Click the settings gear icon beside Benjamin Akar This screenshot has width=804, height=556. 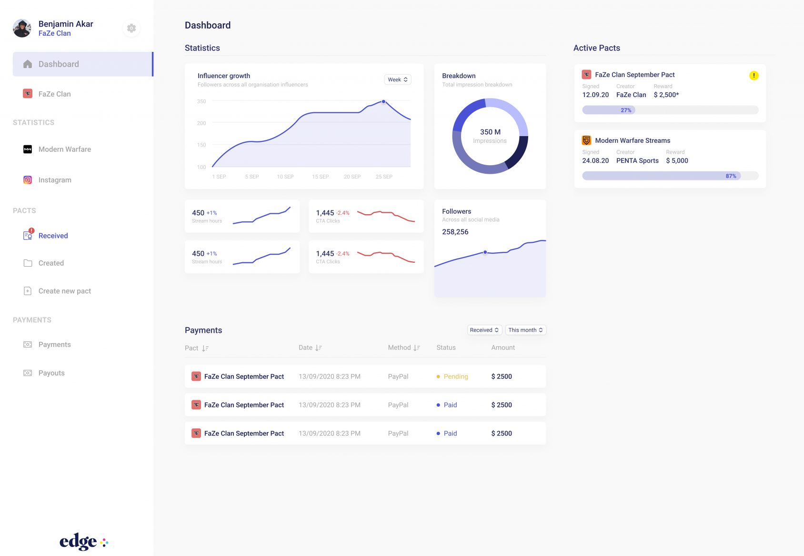131,28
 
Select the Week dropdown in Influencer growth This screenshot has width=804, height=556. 397,79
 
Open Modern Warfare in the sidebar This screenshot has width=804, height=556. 64,149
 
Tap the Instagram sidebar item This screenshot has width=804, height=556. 55,180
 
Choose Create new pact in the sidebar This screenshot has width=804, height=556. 64,291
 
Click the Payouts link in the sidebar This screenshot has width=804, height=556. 51,373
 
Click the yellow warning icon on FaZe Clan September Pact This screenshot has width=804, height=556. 754,75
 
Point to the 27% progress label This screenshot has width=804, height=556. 626,110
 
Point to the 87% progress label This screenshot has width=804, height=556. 731,176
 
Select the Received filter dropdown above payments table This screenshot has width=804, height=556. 484,330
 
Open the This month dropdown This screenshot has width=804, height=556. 525,330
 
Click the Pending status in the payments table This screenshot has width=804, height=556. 455,377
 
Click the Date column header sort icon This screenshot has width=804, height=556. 319,348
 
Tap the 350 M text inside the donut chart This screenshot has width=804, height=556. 490,132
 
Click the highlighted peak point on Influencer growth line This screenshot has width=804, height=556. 383,101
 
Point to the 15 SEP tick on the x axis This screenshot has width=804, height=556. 320,177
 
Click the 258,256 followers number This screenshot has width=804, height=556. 455,232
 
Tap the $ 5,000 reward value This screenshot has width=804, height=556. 676,160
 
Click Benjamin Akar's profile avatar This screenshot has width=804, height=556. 22,28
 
